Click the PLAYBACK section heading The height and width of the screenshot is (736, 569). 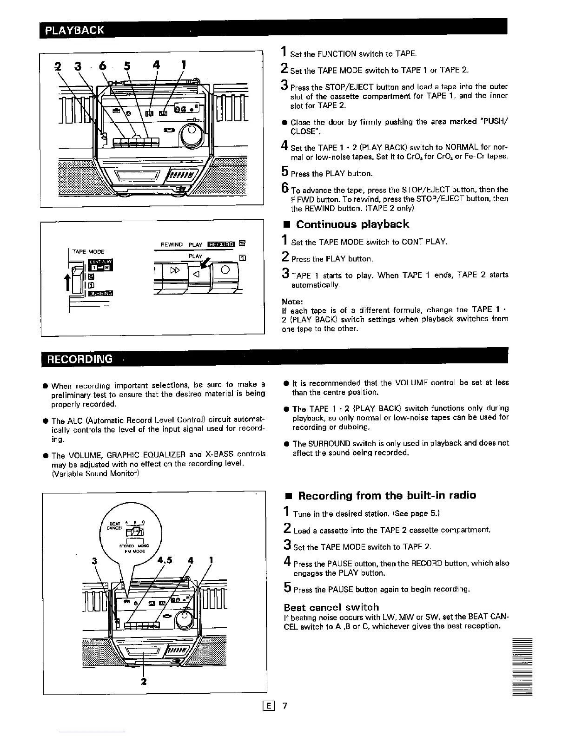tap(75, 31)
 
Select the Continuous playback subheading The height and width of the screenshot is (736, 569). tap(352, 224)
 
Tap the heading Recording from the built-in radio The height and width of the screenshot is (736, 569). tap(387, 495)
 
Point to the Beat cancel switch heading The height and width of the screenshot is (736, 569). tap(331, 607)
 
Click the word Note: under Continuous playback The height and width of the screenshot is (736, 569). tap(292, 301)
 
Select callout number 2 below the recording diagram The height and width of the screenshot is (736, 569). tap(144, 682)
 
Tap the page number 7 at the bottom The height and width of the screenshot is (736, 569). tap(285, 706)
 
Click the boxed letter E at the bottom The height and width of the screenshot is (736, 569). tap(269, 706)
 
